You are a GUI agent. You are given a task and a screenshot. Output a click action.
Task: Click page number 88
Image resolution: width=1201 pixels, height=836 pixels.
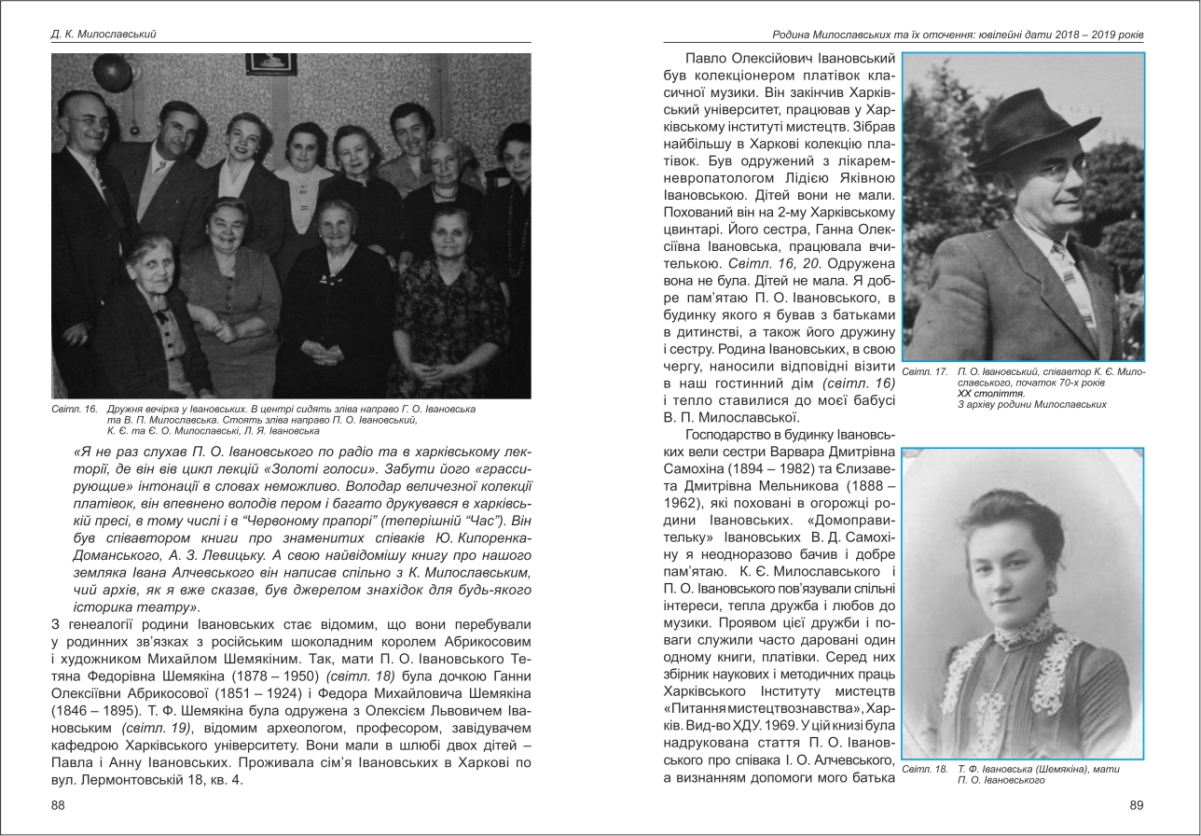[x=58, y=805]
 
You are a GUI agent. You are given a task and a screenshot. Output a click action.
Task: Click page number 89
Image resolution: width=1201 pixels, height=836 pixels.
[x=1136, y=805]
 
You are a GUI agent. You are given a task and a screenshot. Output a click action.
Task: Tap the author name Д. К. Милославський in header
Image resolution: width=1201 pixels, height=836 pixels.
[x=104, y=35]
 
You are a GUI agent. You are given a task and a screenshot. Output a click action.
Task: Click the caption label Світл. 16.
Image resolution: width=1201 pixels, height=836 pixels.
[x=75, y=410]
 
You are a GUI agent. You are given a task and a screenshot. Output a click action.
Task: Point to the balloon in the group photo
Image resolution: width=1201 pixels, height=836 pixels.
[x=111, y=71]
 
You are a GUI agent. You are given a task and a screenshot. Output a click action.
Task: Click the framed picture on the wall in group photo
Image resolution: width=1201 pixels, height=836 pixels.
[x=270, y=63]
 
